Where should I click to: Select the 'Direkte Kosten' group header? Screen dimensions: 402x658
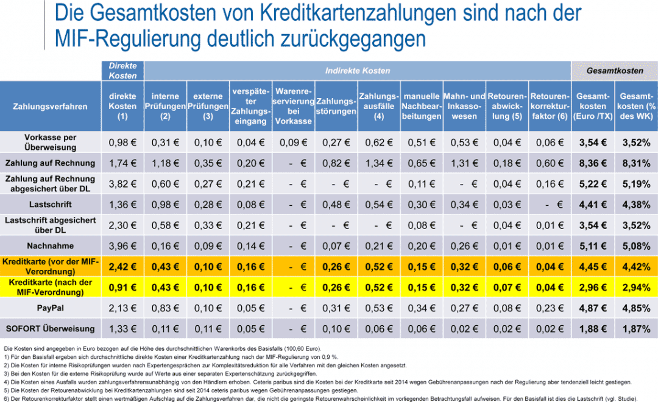[122, 71]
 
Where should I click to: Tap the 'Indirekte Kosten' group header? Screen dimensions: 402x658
[357, 71]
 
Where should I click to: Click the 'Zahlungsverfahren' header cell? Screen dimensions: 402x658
[50, 107]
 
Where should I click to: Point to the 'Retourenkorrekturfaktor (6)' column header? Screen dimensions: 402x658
[550, 107]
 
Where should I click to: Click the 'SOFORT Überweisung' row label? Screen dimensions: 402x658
[50, 329]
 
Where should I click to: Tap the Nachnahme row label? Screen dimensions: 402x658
[50, 246]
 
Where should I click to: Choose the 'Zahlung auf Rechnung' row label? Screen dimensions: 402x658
[50, 163]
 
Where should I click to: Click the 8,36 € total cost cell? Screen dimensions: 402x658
[593, 163]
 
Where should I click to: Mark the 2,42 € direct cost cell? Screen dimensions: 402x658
[122, 266]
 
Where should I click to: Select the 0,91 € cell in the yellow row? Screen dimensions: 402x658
[122, 287]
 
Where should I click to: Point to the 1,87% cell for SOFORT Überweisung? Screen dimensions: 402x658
[636, 330]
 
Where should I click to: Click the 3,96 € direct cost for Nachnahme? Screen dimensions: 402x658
[122, 246]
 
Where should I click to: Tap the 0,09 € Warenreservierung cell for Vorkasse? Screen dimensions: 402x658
[293, 143]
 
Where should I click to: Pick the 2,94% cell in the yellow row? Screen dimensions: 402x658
[636, 287]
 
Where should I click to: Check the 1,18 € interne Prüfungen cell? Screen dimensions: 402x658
[165, 163]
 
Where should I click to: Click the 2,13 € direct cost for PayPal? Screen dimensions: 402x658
[122, 308]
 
